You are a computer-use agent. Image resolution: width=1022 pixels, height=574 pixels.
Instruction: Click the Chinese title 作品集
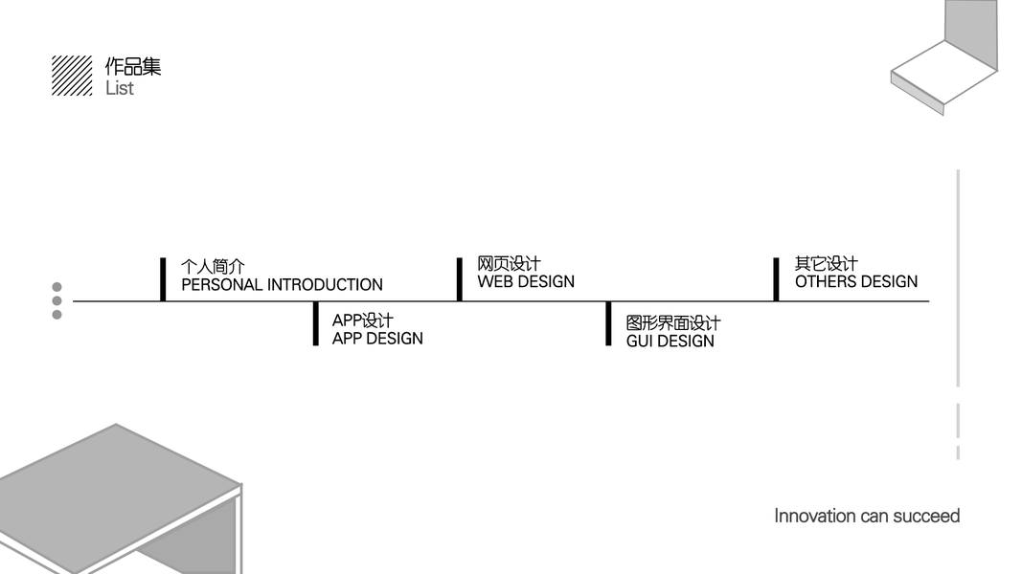click(133, 66)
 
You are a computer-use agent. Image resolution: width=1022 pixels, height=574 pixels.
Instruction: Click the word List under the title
click(120, 88)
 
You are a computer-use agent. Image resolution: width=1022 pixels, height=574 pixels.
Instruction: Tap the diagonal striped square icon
click(72, 76)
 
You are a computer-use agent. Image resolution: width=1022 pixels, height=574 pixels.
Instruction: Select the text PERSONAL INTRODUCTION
click(282, 285)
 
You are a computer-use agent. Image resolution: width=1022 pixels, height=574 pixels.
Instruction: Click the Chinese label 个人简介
click(213, 267)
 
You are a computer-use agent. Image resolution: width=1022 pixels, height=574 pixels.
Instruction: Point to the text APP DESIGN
click(377, 339)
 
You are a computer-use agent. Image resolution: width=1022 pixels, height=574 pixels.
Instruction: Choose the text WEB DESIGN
click(526, 282)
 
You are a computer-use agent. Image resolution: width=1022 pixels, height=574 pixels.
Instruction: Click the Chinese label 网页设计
click(509, 263)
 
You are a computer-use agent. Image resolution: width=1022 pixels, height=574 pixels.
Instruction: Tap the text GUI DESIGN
click(670, 342)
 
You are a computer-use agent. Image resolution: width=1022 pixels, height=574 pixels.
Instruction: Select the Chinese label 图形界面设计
click(672, 323)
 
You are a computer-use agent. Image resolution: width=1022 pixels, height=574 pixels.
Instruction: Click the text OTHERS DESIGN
click(855, 282)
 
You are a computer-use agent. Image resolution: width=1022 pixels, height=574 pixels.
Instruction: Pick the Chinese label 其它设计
click(826, 263)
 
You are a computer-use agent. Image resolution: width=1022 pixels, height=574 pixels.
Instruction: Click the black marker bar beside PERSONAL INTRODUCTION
click(163, 278)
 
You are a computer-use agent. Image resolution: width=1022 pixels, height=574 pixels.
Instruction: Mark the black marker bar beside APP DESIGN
click(315, 323)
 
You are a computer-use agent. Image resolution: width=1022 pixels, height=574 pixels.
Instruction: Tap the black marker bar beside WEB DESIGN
click(460, 278)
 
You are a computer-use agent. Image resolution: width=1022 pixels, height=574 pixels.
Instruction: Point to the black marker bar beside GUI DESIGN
click(608, 323)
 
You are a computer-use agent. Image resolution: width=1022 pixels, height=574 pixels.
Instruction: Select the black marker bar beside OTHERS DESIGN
click(776, 278)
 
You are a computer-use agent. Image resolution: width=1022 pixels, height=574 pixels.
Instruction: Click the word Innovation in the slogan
click(814, 517)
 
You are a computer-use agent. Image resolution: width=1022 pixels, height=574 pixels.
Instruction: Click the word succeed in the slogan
click(926, 517)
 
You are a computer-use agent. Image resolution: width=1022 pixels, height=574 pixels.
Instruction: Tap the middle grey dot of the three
click(57, 300)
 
